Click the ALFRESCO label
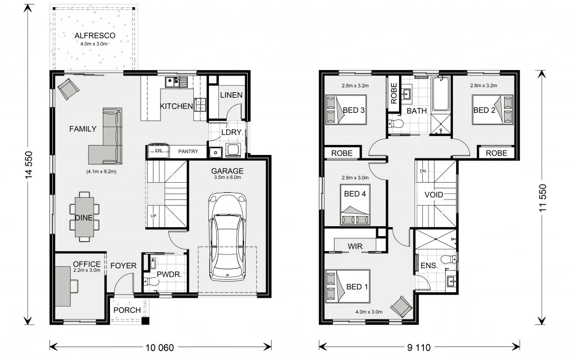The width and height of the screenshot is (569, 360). click(95, 36)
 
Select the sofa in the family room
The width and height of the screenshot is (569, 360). click(108, 136)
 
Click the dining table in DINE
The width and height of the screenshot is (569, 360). click(84, 217)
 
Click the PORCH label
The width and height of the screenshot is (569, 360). click(127, 310)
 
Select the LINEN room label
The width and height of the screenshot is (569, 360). click(231, 95)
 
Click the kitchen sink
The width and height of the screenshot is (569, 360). click(176, 83)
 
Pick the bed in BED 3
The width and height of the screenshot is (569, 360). click(335, 109)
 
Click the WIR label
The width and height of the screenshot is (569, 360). click(355, 245)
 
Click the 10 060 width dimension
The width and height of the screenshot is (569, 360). click(159, 348)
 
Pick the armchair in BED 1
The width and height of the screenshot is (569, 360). click(401, 306)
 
